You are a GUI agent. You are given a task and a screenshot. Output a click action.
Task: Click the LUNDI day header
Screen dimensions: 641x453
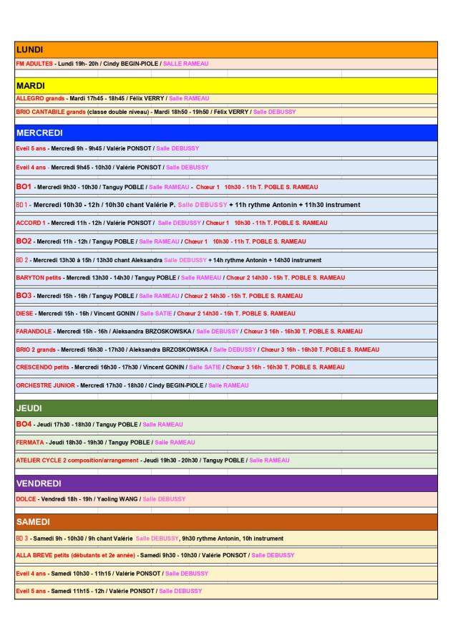click(x=29, y=49)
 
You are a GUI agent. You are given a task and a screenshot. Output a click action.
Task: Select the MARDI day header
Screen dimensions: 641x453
click(x=31, y=85)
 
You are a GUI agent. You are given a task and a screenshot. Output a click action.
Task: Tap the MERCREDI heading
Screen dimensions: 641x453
click(x=39, y=132)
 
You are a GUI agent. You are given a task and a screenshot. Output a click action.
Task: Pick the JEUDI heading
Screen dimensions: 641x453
click(x=29, y=408)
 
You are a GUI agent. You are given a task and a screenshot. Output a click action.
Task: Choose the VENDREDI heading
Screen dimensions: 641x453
click(x=39, y=483)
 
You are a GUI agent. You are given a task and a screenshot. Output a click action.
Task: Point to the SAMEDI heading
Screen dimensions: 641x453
click(x=33, y=522)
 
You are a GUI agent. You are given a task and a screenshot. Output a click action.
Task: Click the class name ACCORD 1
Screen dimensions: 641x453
click(x=31, y=223)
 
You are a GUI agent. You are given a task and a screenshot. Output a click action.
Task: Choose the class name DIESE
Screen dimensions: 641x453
click(x=25, y=313)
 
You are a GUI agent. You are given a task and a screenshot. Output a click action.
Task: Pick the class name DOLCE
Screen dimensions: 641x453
click(x=26, y=499)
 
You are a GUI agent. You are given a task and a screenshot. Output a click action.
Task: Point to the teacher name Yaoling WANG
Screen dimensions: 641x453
click(x=117, y=499)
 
